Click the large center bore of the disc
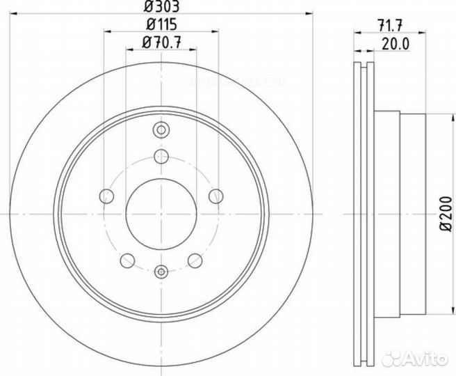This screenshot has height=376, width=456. [x=161, y=212]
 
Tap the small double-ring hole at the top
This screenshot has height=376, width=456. [x=161, y=130]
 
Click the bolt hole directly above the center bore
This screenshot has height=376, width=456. [x=161, y=155]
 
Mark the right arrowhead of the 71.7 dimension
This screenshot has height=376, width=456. [x=420, y=33]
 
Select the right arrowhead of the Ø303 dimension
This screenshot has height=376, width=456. [x=313, y=15]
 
